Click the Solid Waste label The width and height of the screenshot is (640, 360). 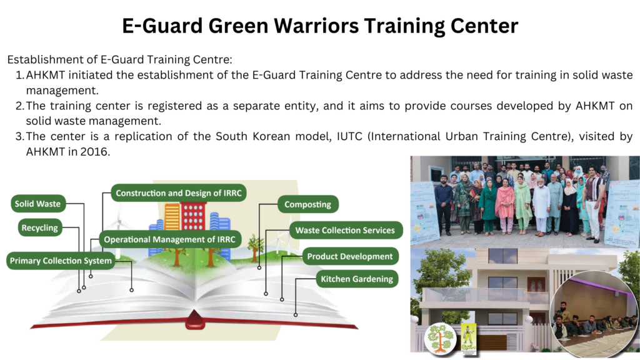(38, 204)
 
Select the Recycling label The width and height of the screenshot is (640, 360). (40, 227)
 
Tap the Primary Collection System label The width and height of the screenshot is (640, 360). (61, 261)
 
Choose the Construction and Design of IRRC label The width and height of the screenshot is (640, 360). (179, 193)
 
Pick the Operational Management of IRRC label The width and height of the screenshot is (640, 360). (170, 239)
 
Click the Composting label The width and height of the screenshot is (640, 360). (308, 204)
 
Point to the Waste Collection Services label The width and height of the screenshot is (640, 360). (346, 230)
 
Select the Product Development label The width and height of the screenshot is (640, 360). (350, 256)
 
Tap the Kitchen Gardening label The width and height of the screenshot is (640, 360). (357, 279)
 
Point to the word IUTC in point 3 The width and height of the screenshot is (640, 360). (349, 136)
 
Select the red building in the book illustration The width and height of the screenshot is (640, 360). (194, 217)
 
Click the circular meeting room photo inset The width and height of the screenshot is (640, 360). (594, 313)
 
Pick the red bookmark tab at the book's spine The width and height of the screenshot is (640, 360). (195, 319)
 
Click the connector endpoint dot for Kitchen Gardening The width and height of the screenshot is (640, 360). (296, 315)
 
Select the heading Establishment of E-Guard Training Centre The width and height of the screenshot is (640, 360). (119, 59)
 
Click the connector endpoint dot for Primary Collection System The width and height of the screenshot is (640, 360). (131, 290)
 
